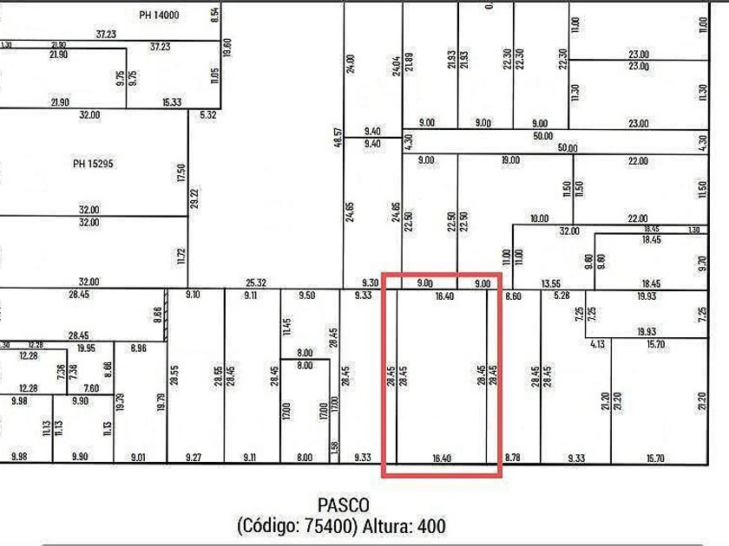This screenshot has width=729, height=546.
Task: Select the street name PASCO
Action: pyautogui.click(x=344, y=504)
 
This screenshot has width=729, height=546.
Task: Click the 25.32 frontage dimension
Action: pyautogui.click(x=256, y=282)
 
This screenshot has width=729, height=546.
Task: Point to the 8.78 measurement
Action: pyautogui.click(x=512, y=458)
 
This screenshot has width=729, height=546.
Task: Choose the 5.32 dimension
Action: pyautogui.click(x=208, y=114)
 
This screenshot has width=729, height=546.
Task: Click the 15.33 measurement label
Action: pyautogui.click(x=172, y=102)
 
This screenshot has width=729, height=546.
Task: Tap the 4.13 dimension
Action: pyautogui.click(x=597, y=344)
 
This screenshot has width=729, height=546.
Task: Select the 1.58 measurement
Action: pyautogui.click(x=335, y=447)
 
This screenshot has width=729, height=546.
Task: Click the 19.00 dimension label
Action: pyautogui.click(x=510, y=160)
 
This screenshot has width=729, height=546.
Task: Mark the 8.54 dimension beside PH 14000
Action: pyautogui.click(x=214, y=15)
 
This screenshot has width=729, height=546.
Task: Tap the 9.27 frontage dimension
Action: pyautogui.click(x=194, y=458)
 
